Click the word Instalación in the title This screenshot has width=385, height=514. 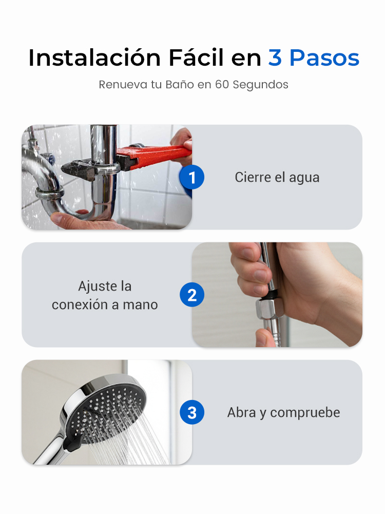[94, 58]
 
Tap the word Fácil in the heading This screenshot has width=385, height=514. [196, 58]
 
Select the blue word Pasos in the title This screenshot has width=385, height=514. [324, 58]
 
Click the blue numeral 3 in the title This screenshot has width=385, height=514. [275, 58]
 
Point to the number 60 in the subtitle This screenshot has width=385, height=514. [222, 85]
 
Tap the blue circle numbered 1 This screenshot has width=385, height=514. [191, 177]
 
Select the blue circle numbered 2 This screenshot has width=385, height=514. [192, 295]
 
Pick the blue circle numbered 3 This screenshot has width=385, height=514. [192, 412]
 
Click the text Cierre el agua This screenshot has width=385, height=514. [277, 177]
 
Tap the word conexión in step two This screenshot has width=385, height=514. [80, 304]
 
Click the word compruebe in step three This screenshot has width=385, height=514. [305, 413]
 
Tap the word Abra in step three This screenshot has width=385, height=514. [241, 412]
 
